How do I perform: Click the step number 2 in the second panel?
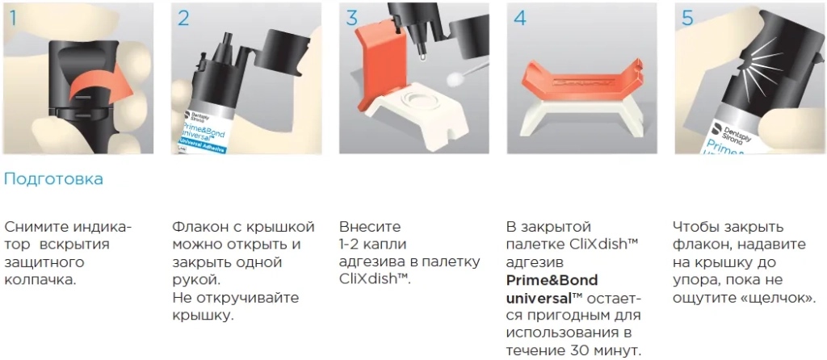183,18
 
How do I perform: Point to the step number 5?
687,18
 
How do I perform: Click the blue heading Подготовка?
53,179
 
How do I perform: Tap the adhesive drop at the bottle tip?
422,58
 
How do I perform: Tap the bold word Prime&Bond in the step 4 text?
552,280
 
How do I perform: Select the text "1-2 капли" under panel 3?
373,245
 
